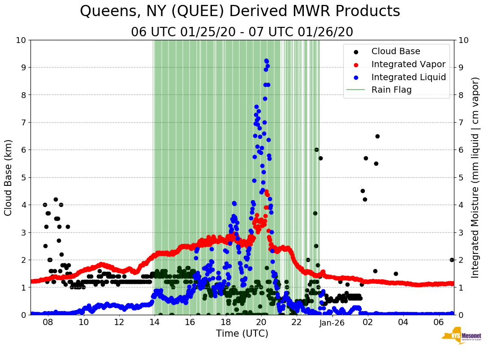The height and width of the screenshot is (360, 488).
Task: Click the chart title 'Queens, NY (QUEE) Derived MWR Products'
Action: click(240, 12)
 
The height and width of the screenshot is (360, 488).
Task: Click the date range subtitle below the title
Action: click(242, 32)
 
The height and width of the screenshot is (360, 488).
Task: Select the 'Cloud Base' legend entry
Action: click(396, 51)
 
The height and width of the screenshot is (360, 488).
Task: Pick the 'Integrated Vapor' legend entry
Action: click(408, 64)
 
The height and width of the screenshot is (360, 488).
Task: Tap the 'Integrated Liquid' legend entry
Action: click(409, 77)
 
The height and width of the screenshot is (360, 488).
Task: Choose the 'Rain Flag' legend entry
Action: click(391, 90)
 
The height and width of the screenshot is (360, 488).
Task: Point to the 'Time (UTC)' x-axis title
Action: click(242, 334)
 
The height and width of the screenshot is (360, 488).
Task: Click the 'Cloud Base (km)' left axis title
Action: click(9, 177)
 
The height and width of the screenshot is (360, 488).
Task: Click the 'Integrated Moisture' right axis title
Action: click(475, 177)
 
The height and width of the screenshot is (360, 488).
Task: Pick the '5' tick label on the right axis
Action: click(460, 177)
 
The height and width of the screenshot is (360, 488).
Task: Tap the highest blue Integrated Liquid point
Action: click(266, 60)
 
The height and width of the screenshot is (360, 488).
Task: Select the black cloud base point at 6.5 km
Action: click(377, 136)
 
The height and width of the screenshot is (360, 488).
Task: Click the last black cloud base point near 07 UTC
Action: click(452, 260)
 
